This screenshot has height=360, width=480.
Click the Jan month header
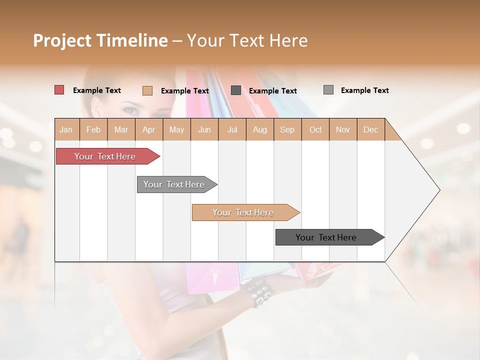tap(66, 129)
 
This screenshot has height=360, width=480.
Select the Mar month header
tap(121, 129)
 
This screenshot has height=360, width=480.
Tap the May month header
tap(176, 129)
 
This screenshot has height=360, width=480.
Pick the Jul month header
tap(232, 129)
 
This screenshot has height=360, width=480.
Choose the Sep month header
tap(287, 129)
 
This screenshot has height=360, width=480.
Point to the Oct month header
tap(315, 129)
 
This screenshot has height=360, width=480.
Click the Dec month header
tap(370, 129)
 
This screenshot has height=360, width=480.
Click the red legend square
tap(59, 90)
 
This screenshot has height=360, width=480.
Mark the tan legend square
tap(147, 90)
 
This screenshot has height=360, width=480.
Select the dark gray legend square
tap(236, 90)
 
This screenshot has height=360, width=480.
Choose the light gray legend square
tap(328, 90)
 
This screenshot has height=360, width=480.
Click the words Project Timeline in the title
tap(100, 40)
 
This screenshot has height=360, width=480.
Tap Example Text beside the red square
tap(97, 90)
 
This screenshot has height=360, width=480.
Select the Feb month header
tap(93, 129)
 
